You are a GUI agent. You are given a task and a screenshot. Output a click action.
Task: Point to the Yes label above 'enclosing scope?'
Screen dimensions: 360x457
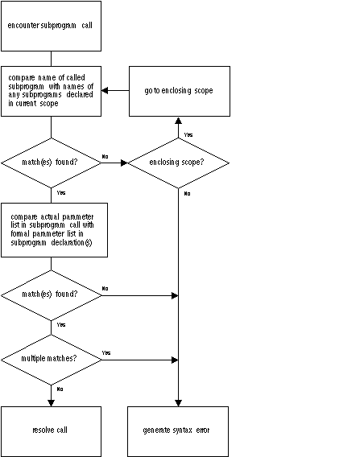click(188, 134)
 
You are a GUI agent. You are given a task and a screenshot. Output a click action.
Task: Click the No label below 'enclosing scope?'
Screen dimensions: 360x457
click(188, 194)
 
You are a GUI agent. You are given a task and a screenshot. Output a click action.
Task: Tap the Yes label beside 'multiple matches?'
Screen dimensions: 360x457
click(106, 352)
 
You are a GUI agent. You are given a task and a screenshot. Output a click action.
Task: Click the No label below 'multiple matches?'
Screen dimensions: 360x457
click(60, 389)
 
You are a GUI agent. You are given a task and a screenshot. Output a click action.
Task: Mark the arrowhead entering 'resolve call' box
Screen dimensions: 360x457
click(51, 403)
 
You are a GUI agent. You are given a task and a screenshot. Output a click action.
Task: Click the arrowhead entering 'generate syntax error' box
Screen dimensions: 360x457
click(178, 403)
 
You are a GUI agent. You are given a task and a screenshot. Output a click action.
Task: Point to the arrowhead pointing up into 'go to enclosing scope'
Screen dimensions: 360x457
click(178, 121)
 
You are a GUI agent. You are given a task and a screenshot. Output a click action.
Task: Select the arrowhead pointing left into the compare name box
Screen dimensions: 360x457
click(105, 90)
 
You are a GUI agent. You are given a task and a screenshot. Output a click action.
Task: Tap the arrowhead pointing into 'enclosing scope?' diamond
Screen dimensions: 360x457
click(124, 163)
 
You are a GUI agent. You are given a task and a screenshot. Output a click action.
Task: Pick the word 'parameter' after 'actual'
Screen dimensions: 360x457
click(78, 217)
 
